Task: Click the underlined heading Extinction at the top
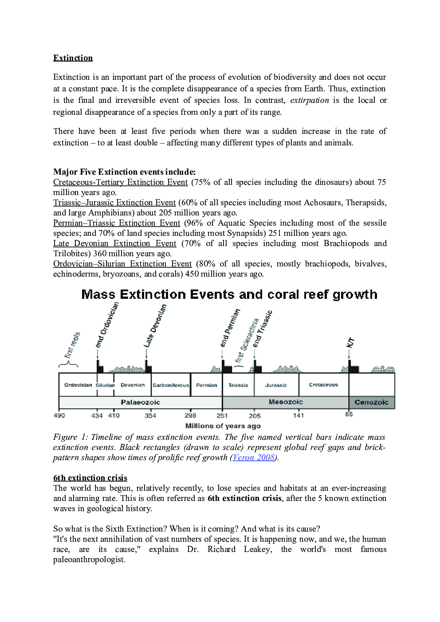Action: [73, 58]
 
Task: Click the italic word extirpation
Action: [309, 100]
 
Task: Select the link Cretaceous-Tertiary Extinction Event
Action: [120, 182]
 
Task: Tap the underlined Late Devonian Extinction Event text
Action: [114, 243]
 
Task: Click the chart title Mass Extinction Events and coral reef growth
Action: [229, 295]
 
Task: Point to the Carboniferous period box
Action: [171, 385]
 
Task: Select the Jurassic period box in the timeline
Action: [276, 385]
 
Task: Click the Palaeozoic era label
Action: [140, 402]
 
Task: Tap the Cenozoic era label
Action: [371, 402]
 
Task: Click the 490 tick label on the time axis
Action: [59, 415]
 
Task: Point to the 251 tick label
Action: [222, 416]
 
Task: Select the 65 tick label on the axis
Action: [349, 414]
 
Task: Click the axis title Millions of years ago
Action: [223, 426]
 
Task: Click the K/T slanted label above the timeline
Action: [350, 342]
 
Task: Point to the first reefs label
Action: [72, 344]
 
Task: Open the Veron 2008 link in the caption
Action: [254, 458]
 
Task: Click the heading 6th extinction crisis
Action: [90, 478]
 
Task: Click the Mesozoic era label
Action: [286, 402]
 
